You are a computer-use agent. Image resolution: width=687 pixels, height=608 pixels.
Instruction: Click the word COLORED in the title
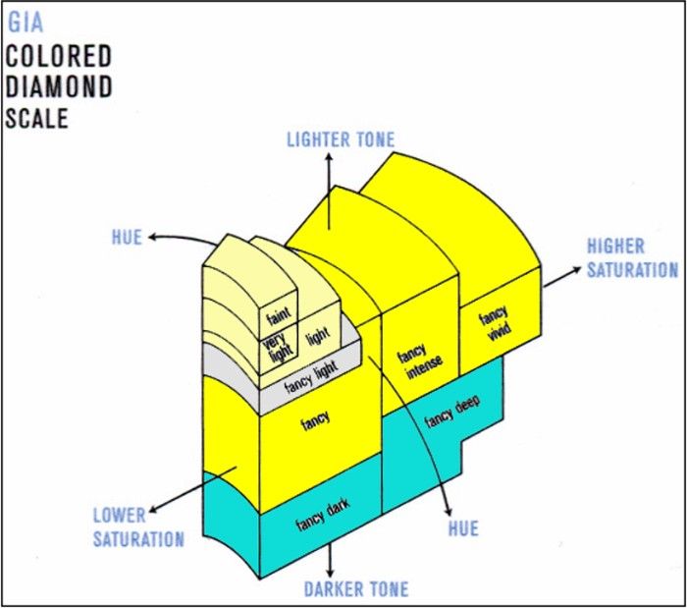point(58,55)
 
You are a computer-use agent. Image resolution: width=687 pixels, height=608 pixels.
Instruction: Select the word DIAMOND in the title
point(58,86)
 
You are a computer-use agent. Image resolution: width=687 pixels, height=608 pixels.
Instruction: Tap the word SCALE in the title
point(37,119)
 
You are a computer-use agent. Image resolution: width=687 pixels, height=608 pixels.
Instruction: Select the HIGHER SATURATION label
point(631,258)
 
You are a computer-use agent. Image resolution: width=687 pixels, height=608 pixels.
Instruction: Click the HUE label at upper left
point(128,237)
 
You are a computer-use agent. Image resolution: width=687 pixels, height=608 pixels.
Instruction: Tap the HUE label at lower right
point(462,528)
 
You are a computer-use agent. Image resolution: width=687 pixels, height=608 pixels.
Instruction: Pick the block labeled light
point(317,337)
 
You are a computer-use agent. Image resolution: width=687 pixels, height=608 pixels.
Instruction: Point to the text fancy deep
point(452,417)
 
